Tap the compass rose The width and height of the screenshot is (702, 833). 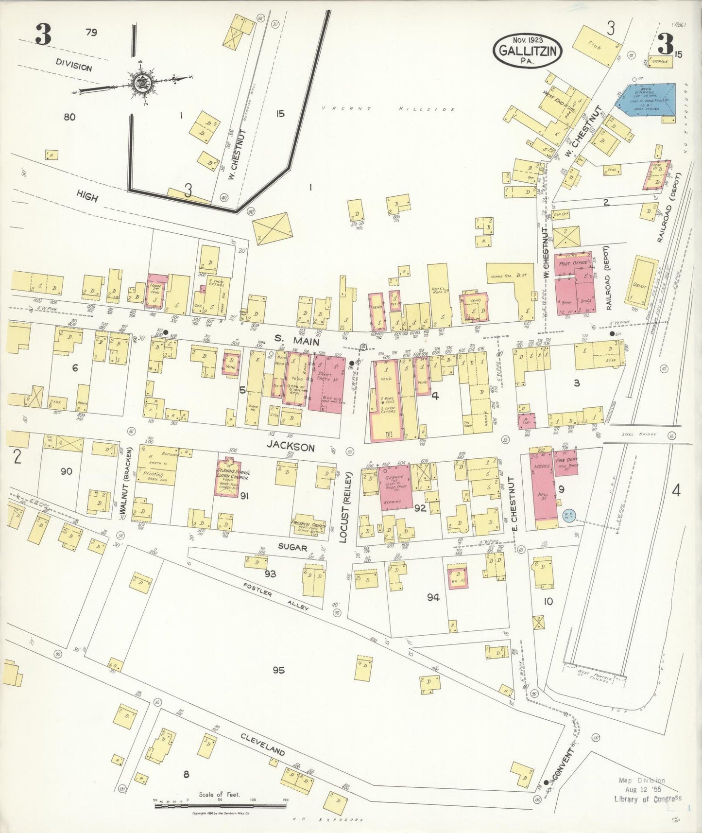141,81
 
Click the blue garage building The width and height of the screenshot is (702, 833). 646,102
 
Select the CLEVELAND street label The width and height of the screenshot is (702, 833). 263,744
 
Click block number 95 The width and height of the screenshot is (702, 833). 278,670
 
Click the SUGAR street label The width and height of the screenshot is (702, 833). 292,547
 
